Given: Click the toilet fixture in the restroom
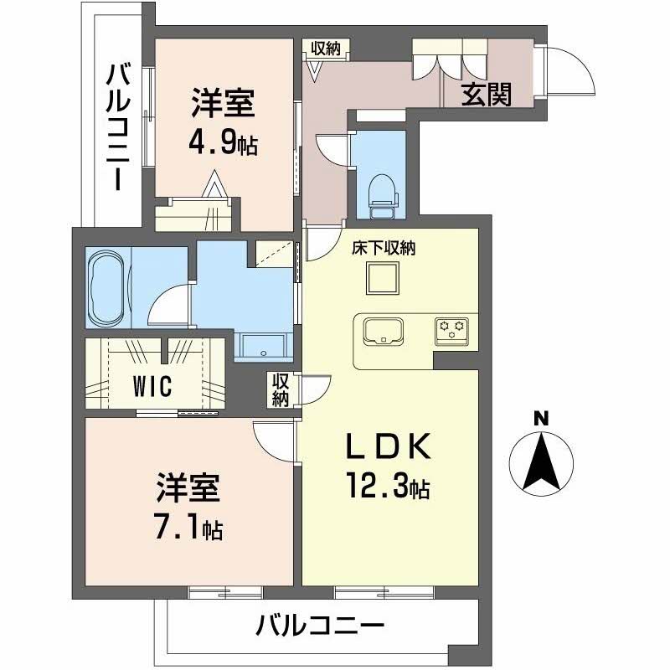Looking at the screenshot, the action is click(x=384, y=197).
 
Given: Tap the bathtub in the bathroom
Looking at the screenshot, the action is click(x=106, y=287).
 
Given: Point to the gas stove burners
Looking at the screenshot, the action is click(x=451, y=331).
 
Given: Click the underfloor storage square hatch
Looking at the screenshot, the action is click(x=383, y=278).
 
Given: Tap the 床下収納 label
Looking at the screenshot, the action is click(x=384, y=248).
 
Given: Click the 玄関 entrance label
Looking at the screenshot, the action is click(x=487, y=94).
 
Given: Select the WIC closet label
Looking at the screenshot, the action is click(x=152, y=386).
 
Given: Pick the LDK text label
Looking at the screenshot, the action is click(x=388, y=446).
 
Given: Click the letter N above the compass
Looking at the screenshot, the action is click(x=541, y=419).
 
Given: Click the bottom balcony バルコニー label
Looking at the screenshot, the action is click(x=321, y=626).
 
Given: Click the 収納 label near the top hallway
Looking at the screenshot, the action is click(x=326, y=48).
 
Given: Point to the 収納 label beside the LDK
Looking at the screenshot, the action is click(x=281, y=389).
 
